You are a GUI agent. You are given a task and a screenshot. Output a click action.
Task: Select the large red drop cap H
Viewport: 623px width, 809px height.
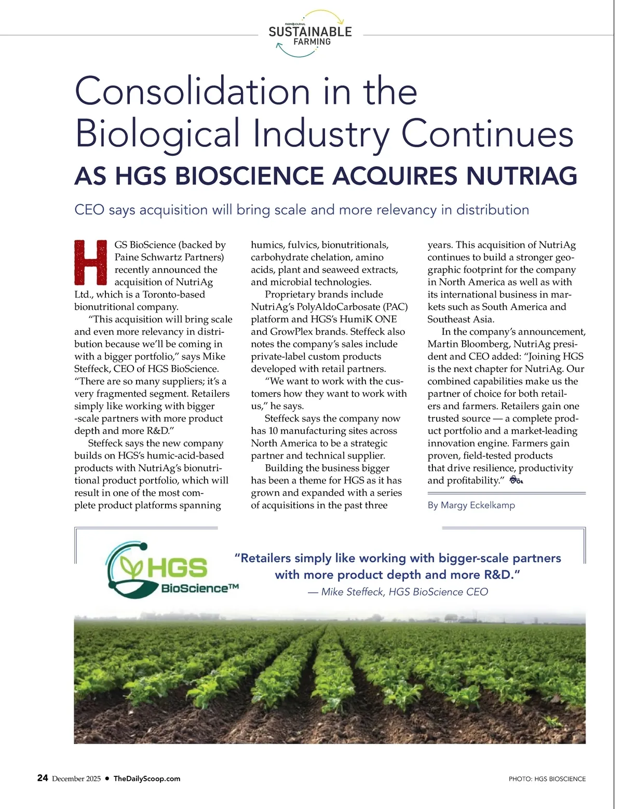[x=91, y=263]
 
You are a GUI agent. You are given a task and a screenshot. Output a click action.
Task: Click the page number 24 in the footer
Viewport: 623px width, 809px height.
[x=43, y=778]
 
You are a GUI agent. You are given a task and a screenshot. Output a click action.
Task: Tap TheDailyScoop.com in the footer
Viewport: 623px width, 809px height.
[x=147, y=778]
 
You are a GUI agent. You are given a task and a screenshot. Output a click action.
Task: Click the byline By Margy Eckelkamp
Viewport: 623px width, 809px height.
[x=471, y=505]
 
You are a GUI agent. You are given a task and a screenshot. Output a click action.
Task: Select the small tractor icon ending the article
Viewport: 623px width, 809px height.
[x=516, y=480]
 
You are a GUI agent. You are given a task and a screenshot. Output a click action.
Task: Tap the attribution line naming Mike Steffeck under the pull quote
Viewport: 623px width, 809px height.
[x=398, y=592]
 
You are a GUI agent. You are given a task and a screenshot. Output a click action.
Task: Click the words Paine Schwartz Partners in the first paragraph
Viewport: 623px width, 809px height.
[x=169, y=257]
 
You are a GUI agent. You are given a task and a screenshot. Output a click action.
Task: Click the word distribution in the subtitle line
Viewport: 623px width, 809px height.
[x=492, y=210]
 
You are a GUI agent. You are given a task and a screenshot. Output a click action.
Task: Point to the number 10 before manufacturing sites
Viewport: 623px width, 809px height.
[x=274, y=431]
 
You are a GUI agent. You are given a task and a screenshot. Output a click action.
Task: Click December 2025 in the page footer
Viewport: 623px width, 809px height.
[x=76, y=778]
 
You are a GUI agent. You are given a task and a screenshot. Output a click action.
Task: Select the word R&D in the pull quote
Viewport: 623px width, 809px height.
[x=500, y=575]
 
